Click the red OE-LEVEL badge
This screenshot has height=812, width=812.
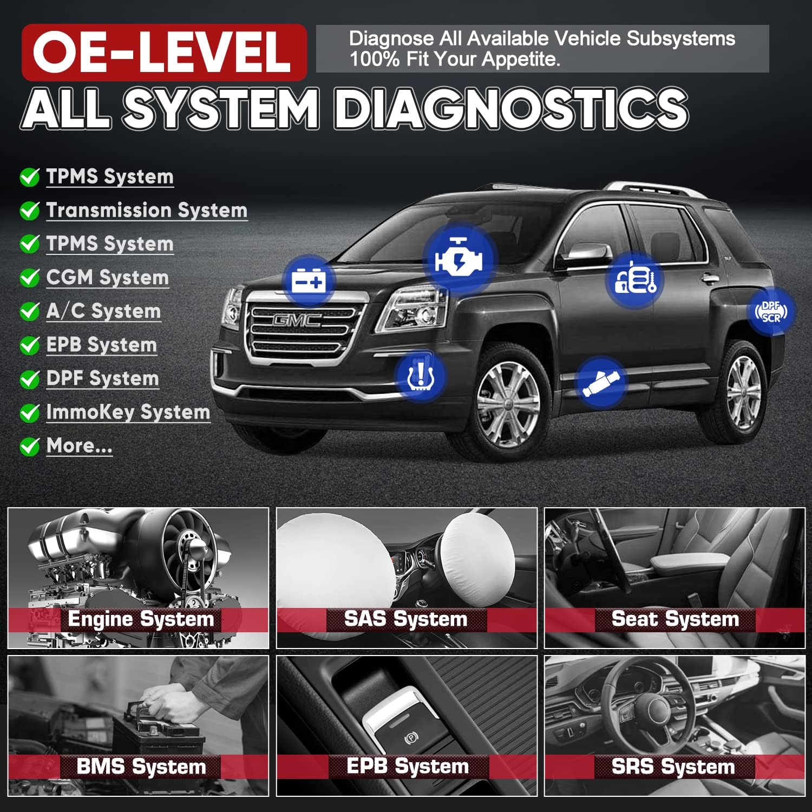tap(164, 52)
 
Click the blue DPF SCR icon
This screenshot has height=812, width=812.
tap(771, 311)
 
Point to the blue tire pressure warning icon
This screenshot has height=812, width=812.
tap(420, 376)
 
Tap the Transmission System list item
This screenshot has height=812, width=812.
tap(147, 210)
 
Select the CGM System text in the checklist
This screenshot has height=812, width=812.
tap(107, 277)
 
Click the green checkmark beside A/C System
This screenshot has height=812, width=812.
tap(29, 311)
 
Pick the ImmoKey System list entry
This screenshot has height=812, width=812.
tap(128, 412)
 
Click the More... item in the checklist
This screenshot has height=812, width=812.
tap(80, 446)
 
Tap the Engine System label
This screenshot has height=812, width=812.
tap(140, 619)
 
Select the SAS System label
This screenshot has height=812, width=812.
tap(405, 619)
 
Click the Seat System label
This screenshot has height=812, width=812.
tap(675, 619)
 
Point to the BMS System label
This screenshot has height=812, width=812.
tap(141, 767)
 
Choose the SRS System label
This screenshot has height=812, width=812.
tap(673, 767)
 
